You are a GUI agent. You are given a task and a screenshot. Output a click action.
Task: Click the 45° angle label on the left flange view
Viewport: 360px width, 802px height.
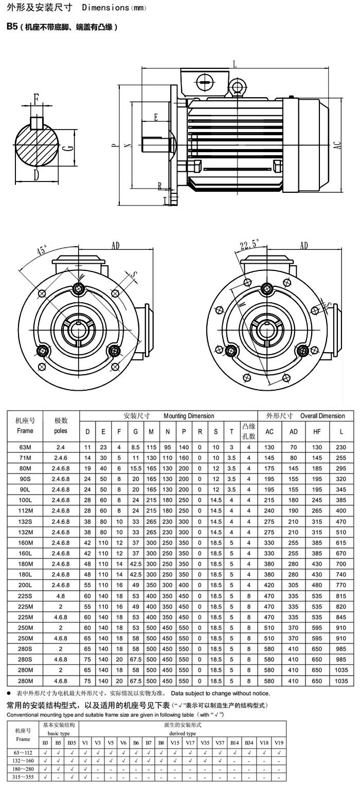tap(42, 250)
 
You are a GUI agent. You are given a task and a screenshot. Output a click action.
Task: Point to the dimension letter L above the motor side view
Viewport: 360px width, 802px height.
tap(235, 64)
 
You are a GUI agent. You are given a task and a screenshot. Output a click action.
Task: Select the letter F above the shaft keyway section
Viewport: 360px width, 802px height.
tap(36, 98)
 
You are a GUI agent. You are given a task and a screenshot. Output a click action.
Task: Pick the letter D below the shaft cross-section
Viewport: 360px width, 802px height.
tap(36, 175)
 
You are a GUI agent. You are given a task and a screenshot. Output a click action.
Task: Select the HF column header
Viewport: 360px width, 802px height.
tap(317, 431)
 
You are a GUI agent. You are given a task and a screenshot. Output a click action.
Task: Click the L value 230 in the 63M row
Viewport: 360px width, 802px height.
tap(341, 447)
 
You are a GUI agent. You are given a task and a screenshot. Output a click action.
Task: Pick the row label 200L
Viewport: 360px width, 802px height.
tap(25, 585)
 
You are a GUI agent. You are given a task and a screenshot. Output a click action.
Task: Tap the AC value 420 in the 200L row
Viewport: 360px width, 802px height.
tap(269, 585)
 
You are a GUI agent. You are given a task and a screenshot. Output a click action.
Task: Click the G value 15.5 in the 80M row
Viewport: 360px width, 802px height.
tap(135, 468)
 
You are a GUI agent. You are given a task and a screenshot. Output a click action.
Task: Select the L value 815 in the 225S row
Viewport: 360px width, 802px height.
tap(341, 596)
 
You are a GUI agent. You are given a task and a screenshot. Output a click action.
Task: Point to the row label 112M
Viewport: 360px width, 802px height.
tap(25, 511)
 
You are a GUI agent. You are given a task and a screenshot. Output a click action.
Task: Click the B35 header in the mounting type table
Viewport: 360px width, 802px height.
tap(71, 742)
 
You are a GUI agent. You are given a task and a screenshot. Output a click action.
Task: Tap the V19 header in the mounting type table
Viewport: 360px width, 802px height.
tap(279, 742)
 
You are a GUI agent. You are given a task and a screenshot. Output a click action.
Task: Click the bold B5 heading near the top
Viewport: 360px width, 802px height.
tap(12, 27)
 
